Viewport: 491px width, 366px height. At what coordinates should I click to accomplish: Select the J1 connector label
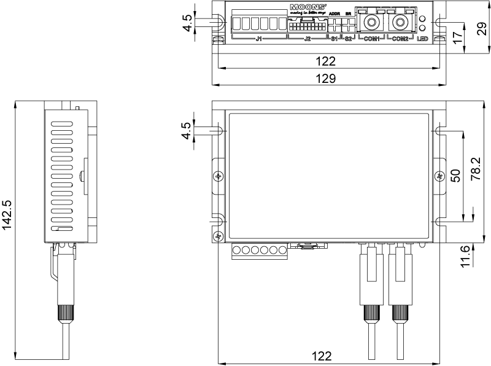(258, 39)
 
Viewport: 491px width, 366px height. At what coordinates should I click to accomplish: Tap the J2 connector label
(307, 39)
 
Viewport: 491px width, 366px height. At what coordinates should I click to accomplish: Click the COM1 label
(370, 39)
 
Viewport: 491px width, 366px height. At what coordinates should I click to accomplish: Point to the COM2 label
(400, 39)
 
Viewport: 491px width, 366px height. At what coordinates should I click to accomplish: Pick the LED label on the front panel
(422, 39)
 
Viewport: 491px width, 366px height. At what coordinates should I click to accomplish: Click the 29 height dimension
(483, 28)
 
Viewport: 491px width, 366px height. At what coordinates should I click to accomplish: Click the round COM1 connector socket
(371, 23)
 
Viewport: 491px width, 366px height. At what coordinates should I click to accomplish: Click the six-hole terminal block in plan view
(260, 251)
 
